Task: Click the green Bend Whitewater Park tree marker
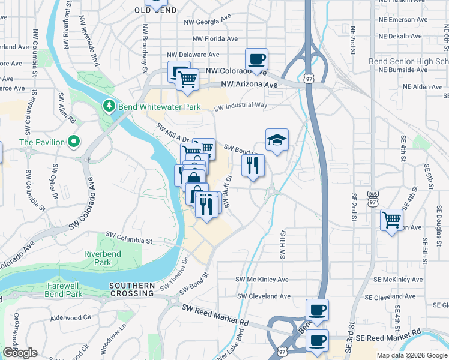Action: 109,106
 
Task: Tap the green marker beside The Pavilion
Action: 74,142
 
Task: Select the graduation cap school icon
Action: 277,140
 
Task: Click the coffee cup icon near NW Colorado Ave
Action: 256,59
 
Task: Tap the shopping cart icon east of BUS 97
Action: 391,219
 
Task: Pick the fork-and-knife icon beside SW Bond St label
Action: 253,165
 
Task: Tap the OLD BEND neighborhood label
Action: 155,10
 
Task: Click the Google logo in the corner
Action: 20,353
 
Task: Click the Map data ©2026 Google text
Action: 411,355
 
